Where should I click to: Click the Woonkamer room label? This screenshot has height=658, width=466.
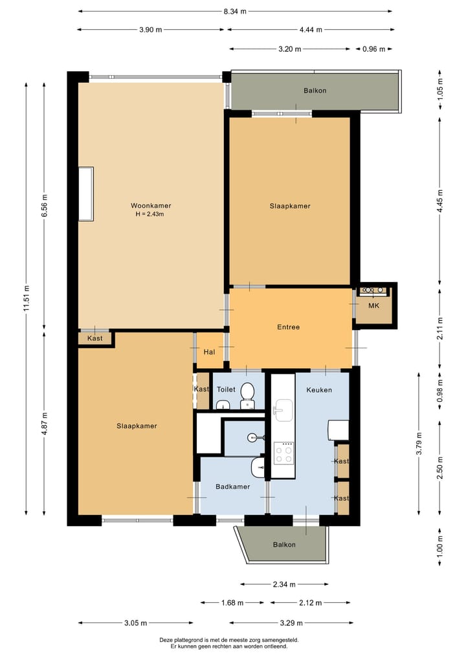pos(151,206)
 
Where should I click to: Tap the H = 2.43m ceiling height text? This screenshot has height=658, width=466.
pos(150,214)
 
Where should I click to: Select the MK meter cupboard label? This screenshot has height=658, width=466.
pos(373,305)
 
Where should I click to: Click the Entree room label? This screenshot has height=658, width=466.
pos(289,327)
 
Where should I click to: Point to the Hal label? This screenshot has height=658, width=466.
pos(209,352)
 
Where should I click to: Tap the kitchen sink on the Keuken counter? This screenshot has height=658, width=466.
pos(283,410)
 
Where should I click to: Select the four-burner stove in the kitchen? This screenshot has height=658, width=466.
pos(283,453)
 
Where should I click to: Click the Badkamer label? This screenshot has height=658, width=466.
pos(232,487)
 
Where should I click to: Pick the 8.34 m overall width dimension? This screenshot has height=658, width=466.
pos(235,12)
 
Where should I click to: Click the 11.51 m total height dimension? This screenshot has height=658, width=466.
pos(27,298)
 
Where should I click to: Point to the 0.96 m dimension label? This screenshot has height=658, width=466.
pos(373,49)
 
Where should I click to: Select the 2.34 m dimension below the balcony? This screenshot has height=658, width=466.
pos(284,584)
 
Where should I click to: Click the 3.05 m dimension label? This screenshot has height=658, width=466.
pos(136,623)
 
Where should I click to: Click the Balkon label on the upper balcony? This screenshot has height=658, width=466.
pos(315,91)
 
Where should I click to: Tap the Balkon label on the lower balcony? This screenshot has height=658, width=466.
pos(284,545)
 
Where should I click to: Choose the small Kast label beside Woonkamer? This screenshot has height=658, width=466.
pos(95,338)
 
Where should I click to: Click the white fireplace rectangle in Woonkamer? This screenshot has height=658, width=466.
pos(86,193)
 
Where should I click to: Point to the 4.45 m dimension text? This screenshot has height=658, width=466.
pos(440,201)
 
